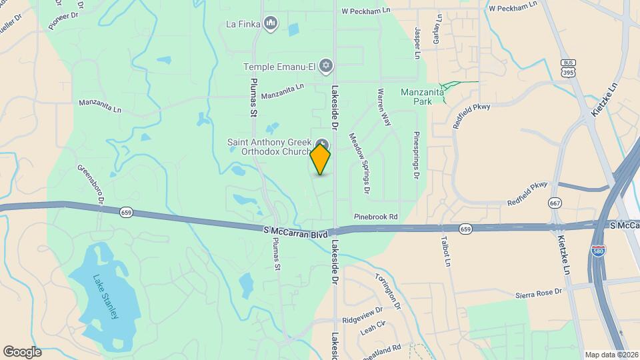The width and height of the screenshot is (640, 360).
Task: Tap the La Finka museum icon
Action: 271,25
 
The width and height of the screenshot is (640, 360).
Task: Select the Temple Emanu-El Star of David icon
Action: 325,65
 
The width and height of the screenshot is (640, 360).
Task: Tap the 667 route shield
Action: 555,203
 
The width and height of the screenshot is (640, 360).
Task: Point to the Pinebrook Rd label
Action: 375,217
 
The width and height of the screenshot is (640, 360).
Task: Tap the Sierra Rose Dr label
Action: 539,294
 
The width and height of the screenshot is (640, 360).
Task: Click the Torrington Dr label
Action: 388,291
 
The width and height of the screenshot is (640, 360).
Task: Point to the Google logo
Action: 22,352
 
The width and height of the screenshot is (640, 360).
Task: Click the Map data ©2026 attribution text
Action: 611,355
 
